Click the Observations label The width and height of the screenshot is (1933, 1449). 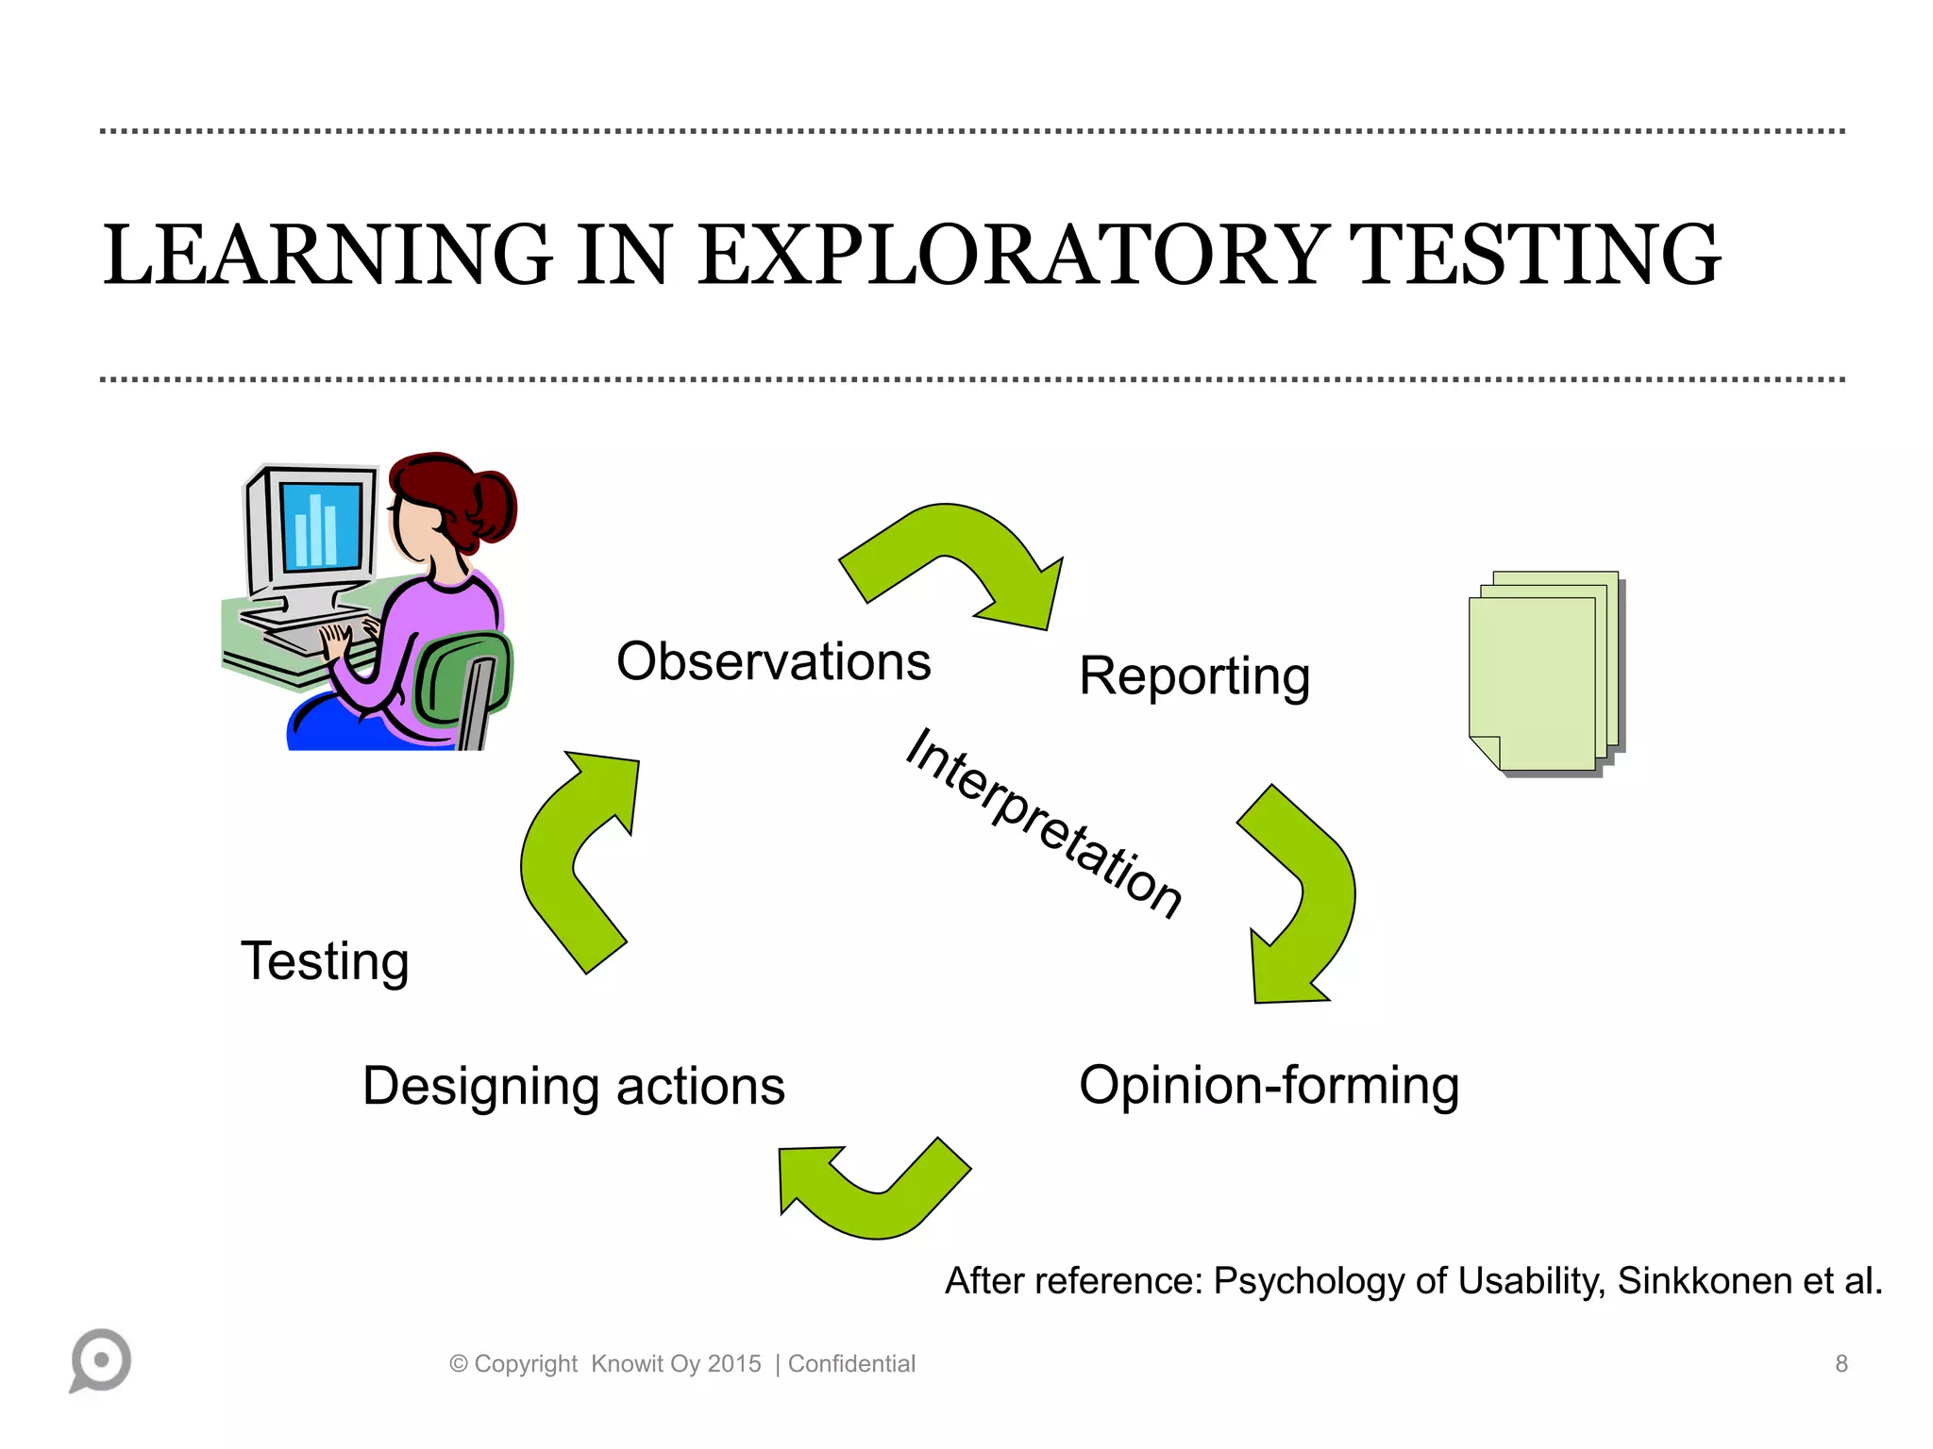tap(773, 661)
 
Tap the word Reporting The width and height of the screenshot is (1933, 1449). tap(1194, 676)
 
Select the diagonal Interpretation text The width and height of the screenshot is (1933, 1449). tap(1043, 823)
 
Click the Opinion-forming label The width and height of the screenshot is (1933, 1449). tap(1269, 1085)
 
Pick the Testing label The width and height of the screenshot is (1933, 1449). tap(325, 960)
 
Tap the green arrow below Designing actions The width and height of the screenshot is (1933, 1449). tap(873, 1193)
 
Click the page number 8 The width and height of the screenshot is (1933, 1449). tap(1841, 1363)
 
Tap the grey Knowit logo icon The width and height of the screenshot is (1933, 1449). tap(100, 1360)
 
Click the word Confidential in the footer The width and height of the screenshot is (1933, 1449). tap(851, 1363)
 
